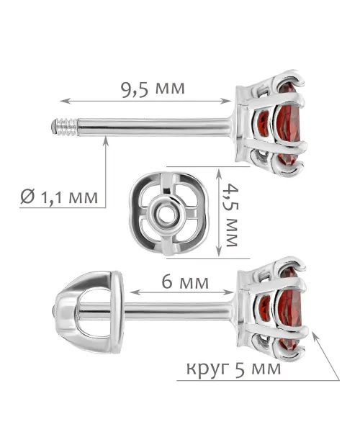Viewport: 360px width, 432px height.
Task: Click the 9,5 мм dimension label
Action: pyautogui.click(x=153, y=89)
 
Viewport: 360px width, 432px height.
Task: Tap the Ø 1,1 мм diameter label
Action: pyautogui.click(x=59, y=197)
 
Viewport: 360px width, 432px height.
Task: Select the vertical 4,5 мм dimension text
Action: pyautogui.click(x=231, y=215)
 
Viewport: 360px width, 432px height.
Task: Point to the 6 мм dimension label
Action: pyautogui.click(x=185, y=282)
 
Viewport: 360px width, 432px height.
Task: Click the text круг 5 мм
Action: pyautogui.click(x=234, y=369)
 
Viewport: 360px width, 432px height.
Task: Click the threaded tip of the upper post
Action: pyautogui.click(x=64, y=127)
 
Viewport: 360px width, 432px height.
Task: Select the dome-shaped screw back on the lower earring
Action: pyautogui.click(x=89, y=312)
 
